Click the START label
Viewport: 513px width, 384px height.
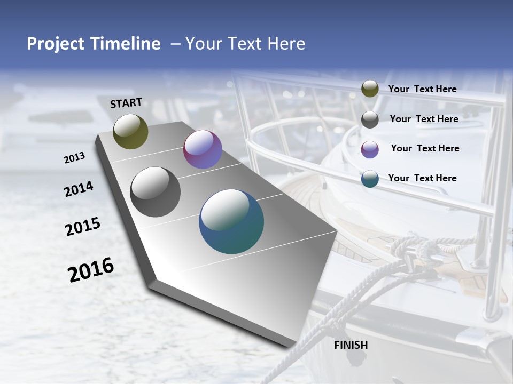tap(126, 103)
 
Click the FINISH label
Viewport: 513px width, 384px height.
tap(351, 345)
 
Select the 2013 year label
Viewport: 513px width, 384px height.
tap(74, 158)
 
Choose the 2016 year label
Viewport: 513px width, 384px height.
tap(91, 270)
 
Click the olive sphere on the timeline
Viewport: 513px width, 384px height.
tap(130, 131)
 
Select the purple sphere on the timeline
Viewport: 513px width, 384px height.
tap(203, 149)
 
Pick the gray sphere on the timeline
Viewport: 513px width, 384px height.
tap(156, 192)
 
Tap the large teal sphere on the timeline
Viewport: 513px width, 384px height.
tap(231, 221)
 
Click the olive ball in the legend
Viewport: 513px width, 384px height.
tap(370, 89)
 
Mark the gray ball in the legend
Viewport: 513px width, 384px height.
tap(370, 119)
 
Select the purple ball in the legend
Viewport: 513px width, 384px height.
tap(370, 149)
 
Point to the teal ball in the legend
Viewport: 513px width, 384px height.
tap(370, 179)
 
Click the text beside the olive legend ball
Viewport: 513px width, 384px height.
tap(422, 89)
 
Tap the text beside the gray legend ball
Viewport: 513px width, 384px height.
tap(424, 119)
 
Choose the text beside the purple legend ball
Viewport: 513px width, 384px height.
tap(425, 148)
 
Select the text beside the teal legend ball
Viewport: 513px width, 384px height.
tap(422, 178)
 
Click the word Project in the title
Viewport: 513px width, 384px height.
tap(56, 44)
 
